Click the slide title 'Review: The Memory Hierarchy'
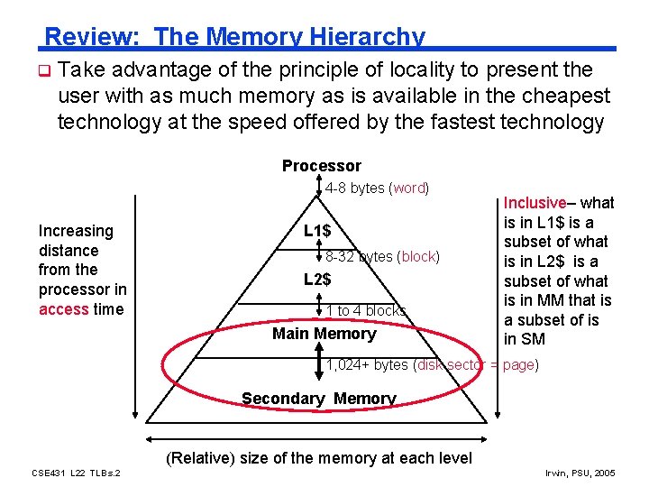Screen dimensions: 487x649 pyautogui.click(x=234, y=37)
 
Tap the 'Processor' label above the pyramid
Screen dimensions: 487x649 pyautogui.click(x=321, y=166)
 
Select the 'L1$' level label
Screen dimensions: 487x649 pyautogui.click(x=316, y=232)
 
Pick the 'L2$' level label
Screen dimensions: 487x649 pyautogui.click(x=316, y=280)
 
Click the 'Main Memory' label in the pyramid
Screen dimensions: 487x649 pyautogui.click(x=324, y=334)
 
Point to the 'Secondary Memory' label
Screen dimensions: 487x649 pyautogui.click(x=318, y=399)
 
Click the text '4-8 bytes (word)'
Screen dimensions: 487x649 pyautogui.click(x=377, y=188)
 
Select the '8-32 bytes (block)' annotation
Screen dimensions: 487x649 pyautogui.click(x=382, y=257)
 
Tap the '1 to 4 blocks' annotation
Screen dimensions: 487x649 pyautogui.click(x=365, y=311)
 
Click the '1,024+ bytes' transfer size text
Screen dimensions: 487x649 pyautogui.click(x=367, y=365)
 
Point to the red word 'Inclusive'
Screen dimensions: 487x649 pyautogui.click(x=535, y=203)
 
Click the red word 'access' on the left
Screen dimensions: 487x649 pyautogui.click(x=64, y=309)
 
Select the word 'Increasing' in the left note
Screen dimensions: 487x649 pyautogui.click(x=76, y=231)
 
